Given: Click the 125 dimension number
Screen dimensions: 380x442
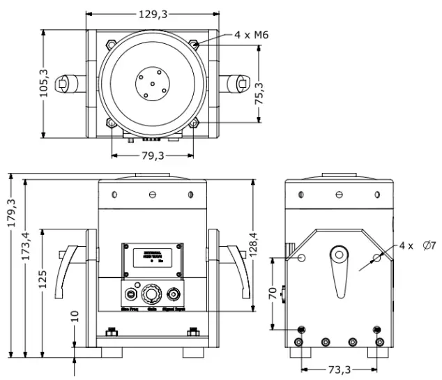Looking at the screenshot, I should click(43, 281).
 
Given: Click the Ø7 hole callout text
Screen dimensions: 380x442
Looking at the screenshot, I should click(428, 245).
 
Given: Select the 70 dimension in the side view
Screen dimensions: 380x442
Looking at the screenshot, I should click(273, 293).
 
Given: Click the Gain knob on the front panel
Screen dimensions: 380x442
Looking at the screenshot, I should click(152, 294).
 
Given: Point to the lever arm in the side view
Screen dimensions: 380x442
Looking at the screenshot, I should click(340, 272).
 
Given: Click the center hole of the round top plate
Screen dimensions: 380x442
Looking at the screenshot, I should click(152, 83).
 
